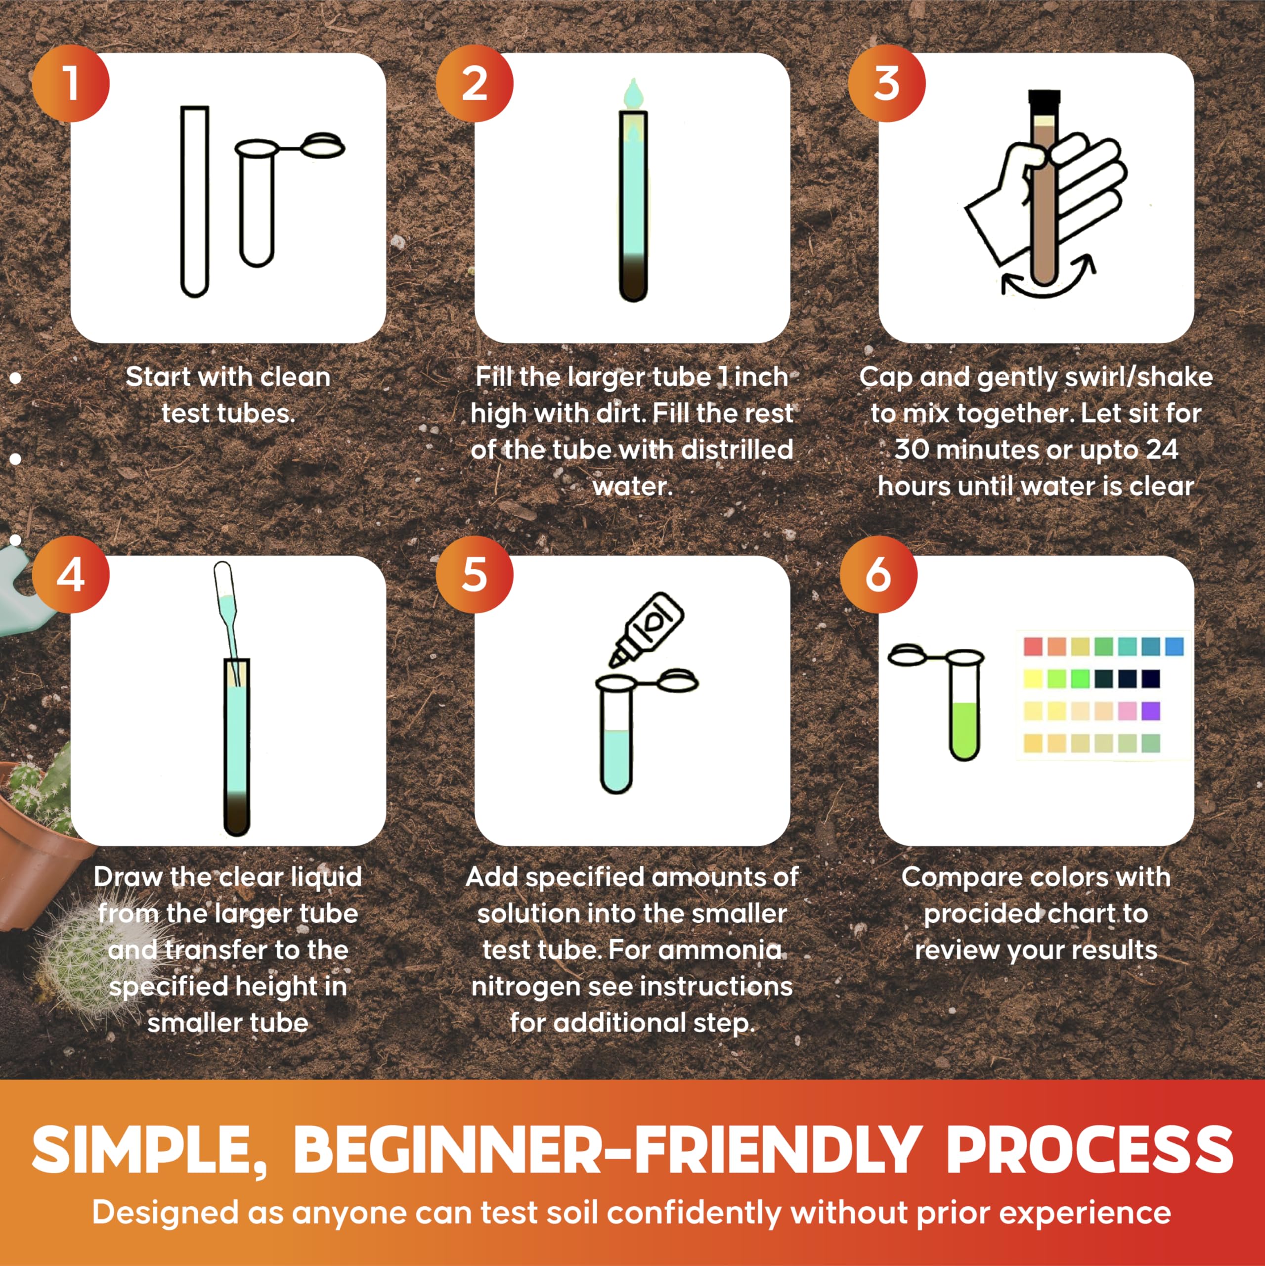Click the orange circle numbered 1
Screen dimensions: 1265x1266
pos(71,83)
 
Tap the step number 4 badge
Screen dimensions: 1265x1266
pos(71,575)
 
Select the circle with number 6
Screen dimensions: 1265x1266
pos(878,575)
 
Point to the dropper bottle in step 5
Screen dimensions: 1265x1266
pos(647,630)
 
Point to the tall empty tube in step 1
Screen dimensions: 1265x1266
pos(195,201)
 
